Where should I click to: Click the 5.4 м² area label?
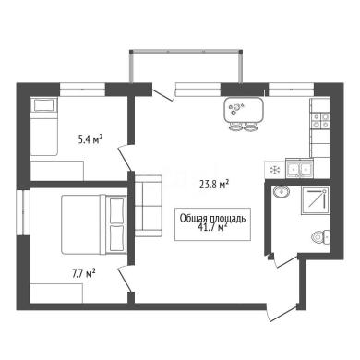[x=90, y=140]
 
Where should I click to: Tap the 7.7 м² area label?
[x=83, y=273]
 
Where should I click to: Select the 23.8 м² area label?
[x=214, y=185]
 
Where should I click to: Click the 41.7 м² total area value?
[x=214, y=227]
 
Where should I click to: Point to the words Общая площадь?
[x=212, y=218]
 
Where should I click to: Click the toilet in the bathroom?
[x=320, y=237]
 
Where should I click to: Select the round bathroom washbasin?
[x=281, y=192]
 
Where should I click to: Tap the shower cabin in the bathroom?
[x=315, y=201]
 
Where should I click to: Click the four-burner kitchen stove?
[x=320, y=120]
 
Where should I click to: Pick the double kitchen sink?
[x=299, y=168]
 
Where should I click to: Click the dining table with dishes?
[x=244, y=110]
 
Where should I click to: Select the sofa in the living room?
[x=149, y=206]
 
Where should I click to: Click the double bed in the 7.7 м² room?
[x=94, y=225]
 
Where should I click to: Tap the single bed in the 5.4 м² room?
[x=44, y=126]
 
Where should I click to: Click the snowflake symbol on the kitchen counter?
[x=274, y=170]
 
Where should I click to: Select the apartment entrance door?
[x=282, y=312]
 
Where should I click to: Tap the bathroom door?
[x=285, y=260]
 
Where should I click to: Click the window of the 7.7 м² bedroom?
[x=23, y=212]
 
